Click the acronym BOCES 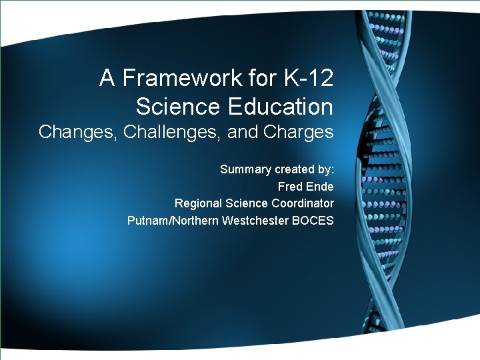[x=313, y=221]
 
